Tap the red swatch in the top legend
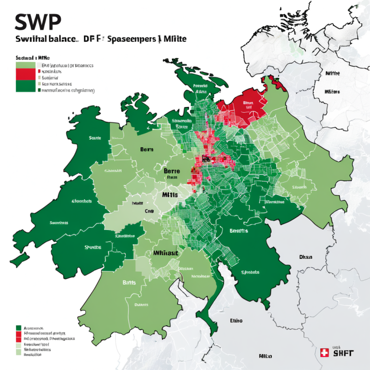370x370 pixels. point(26,74)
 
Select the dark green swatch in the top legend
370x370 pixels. point(26,86)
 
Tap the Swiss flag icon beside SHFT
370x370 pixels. point(325,353)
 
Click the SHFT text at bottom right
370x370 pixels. point(343,353)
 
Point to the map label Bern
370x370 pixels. point(146,150)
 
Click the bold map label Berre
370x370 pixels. point(172,171)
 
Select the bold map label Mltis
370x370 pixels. point(170,195)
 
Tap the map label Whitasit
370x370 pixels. point(166,252)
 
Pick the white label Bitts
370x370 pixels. point(129,282)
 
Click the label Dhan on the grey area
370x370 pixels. point(306,257)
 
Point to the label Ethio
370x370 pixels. point(236,320)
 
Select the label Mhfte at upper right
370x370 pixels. point(332,74)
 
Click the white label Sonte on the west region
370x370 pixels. point(95,138)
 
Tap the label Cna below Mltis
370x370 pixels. point(149,211)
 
